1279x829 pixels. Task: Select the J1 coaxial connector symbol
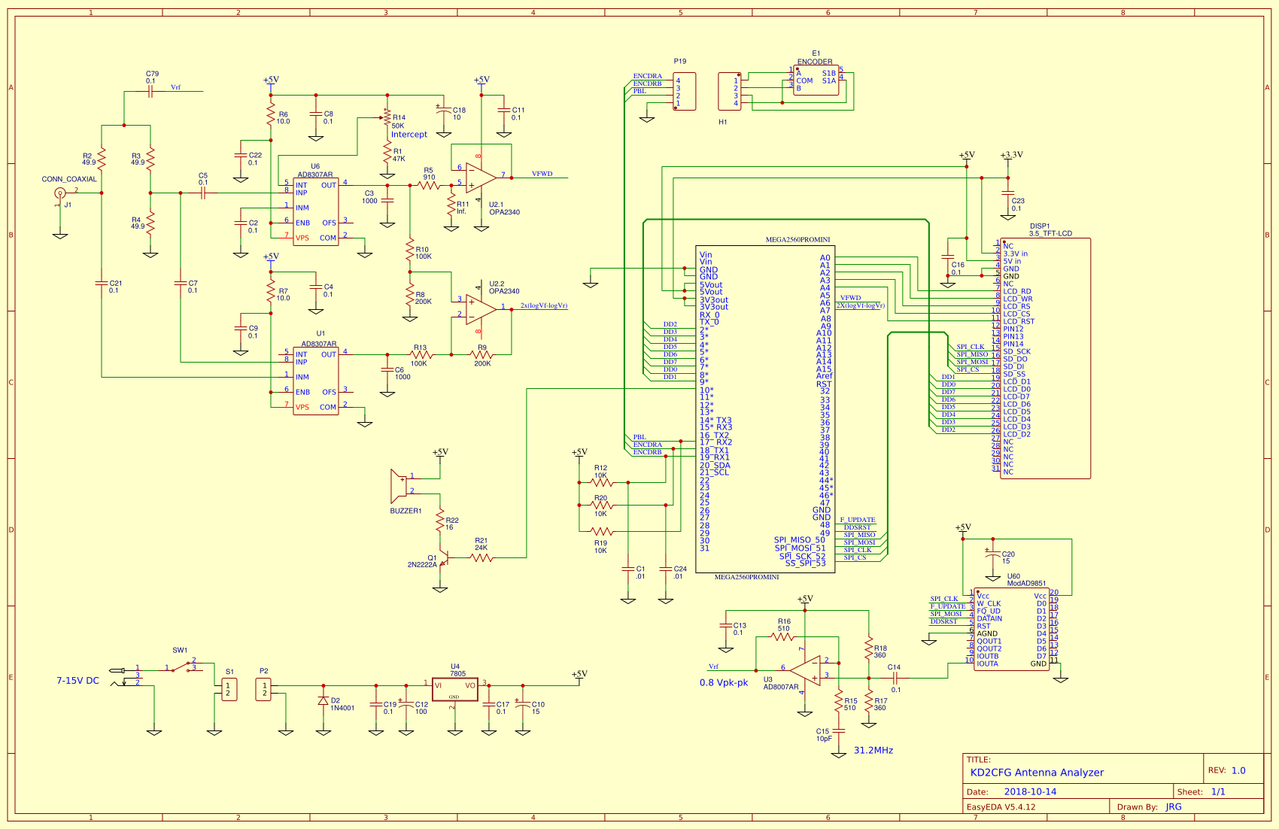(60, 193)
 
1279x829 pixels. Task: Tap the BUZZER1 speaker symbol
(399, 486)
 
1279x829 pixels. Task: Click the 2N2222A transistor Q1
(443, 559)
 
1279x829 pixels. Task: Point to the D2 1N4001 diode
(324, 701)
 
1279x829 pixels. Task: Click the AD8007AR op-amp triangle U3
(807, 671)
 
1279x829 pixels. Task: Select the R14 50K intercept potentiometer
(387, 118)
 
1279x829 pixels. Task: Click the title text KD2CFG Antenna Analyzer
(1037, 773)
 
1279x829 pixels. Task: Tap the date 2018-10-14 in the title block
(1030, 792)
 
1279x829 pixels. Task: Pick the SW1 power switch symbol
(181, 667)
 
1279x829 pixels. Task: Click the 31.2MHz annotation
(873, 751)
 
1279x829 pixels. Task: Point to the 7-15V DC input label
(77, 681)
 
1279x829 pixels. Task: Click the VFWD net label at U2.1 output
(542, 174)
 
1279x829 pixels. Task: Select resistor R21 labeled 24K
(482, 557)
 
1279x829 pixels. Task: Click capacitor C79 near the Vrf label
(150, 92)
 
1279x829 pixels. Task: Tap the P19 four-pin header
(684, 92)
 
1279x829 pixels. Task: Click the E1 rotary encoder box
(816, 80)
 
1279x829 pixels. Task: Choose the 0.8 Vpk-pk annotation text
(724, 683)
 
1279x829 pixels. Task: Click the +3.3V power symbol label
(1011, 155)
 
